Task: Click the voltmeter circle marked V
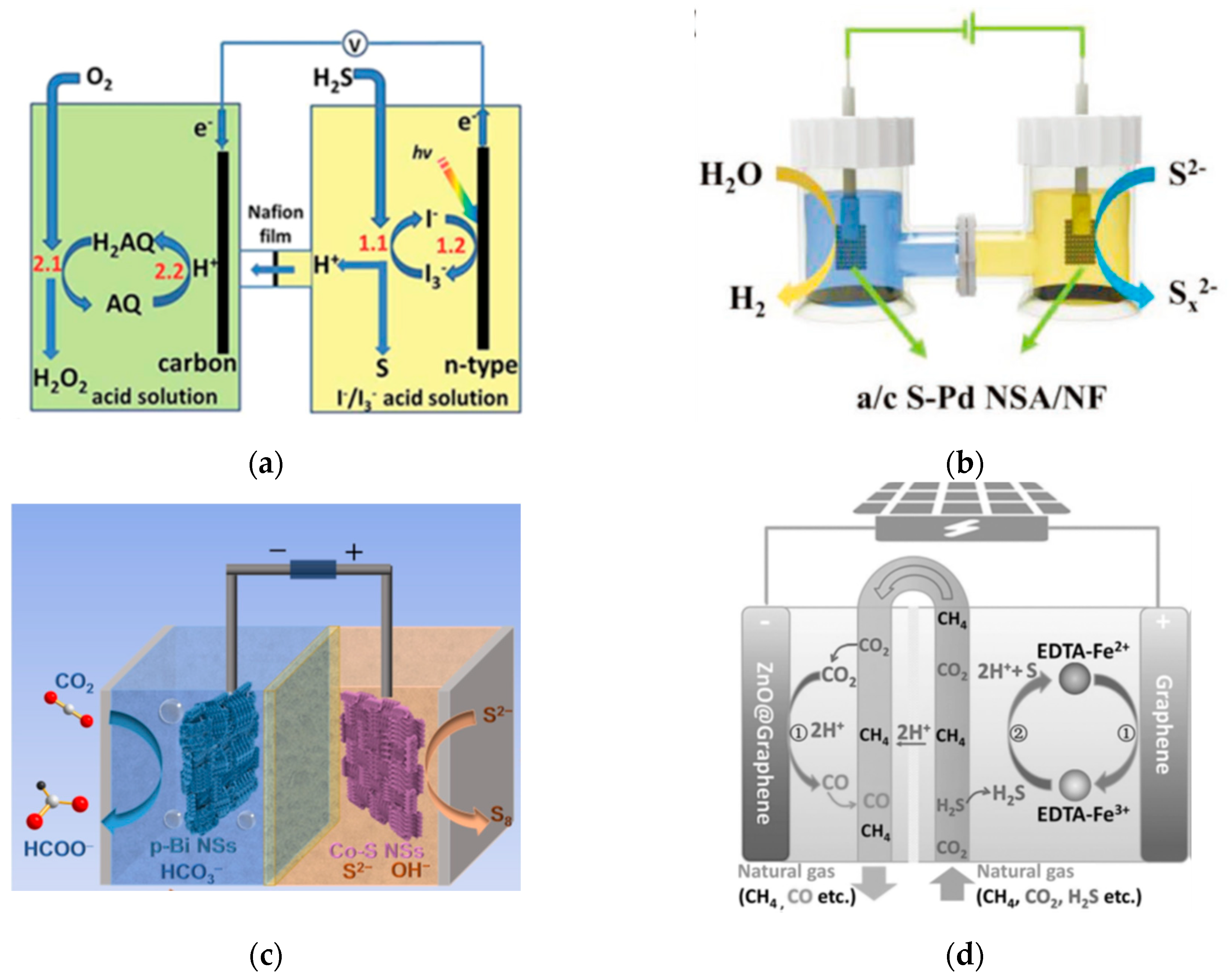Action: click(355, 44)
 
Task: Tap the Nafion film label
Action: click(275, 224)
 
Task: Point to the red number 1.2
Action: click(451, 245)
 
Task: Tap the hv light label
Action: click(422, 153)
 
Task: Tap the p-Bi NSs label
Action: click(193, 846)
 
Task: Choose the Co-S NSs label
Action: click(377, 851)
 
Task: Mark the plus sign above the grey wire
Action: click(354, 552)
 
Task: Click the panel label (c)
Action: click(266, 954)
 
